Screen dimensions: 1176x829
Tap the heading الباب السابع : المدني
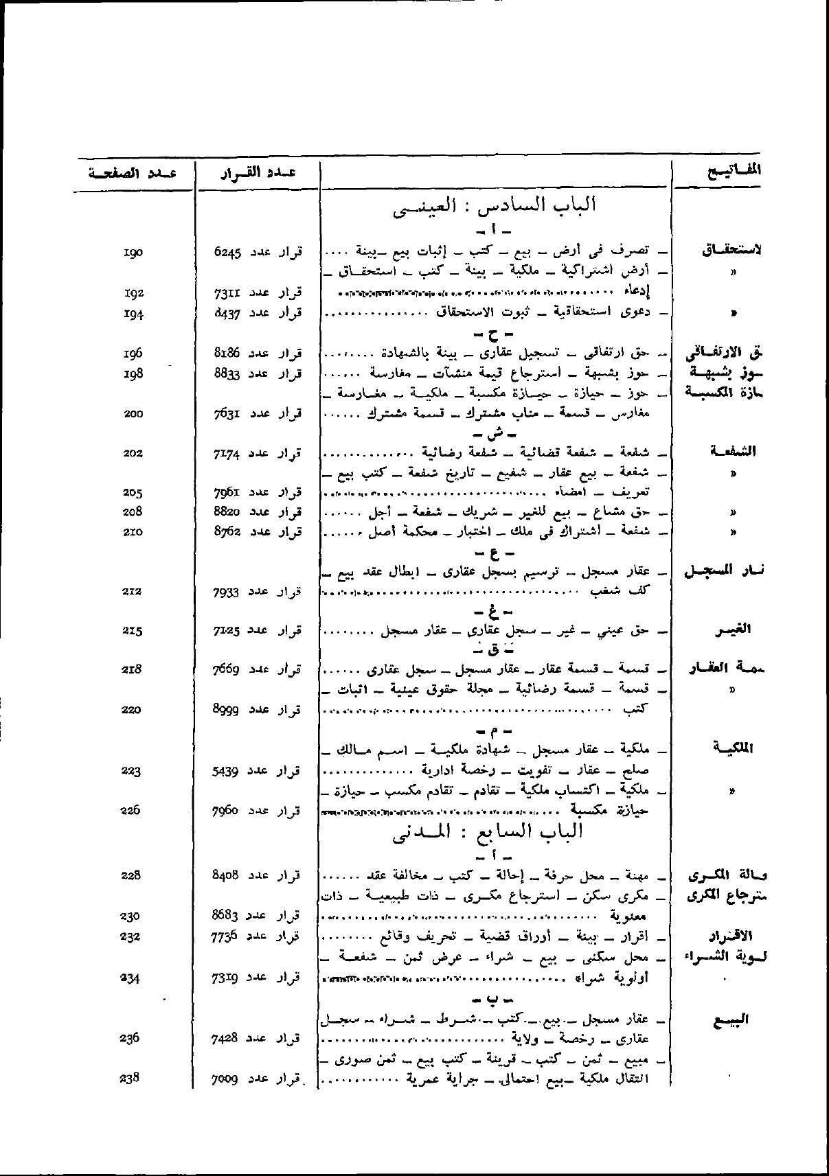(x=487, y=831)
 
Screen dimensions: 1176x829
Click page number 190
(x=133, y=253)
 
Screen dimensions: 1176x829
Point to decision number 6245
(x=227, y=253)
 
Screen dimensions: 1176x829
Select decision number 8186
(x=227, y=354)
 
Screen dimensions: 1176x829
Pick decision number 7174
(x=227, y=453)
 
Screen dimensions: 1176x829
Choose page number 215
(x=132, y=630)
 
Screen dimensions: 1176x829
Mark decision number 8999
(x=227, y=710)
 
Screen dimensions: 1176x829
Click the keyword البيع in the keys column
(x=734, y=1019)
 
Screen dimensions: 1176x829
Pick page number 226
(x=130, y=810)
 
